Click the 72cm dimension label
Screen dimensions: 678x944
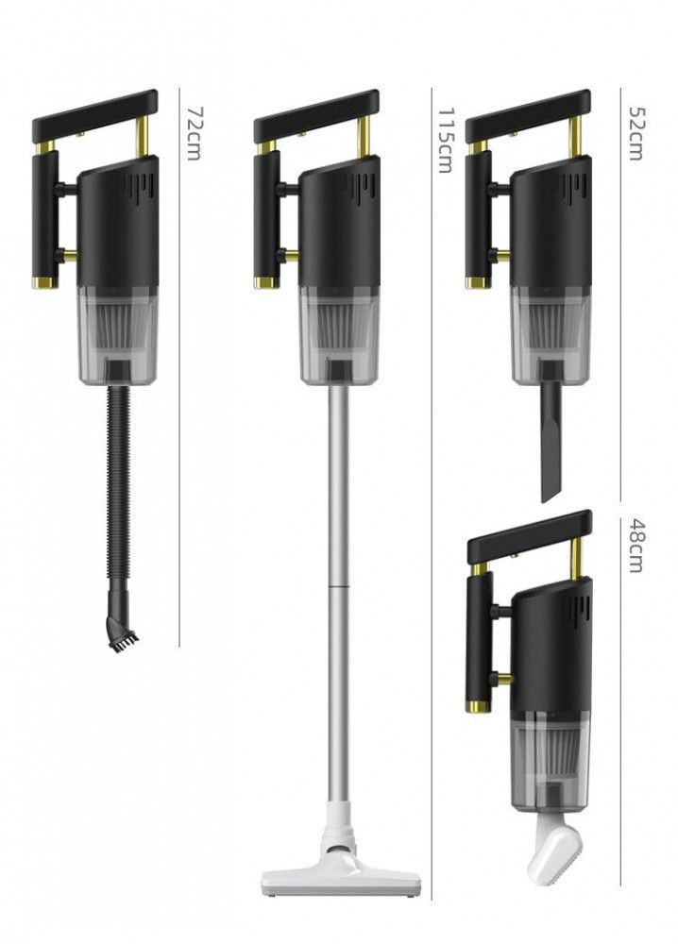click(x=193, y=133)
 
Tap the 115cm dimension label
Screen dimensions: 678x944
click(x=445, y=141)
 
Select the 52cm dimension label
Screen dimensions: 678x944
click(x=636, y=133)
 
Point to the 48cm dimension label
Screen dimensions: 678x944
click(x=636, y=546)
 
